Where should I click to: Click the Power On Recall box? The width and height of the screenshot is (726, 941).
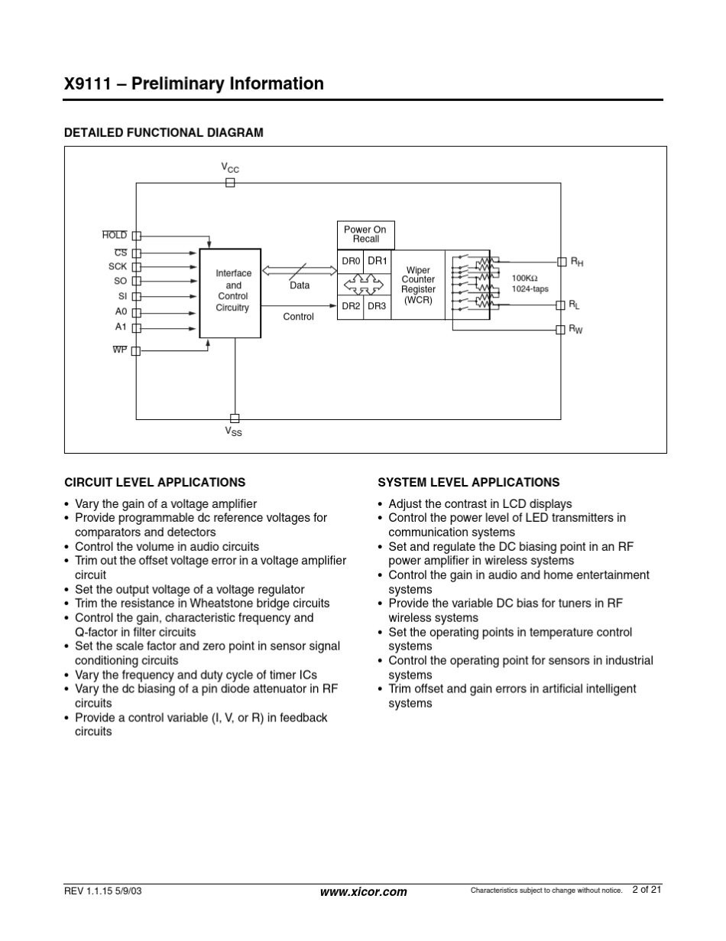pos(365,235)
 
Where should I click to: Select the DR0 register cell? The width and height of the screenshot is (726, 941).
pos(351,261)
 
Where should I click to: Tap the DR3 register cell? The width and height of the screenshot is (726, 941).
pos(377,306)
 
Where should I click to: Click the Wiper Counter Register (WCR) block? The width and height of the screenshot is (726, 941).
pos(418,285)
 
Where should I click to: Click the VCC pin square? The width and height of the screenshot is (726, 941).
pos(230,183)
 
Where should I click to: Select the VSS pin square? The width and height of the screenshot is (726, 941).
pos(235,418)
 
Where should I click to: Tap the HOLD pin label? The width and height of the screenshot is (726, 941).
pos(115,236)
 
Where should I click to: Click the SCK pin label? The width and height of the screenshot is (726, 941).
pos(118,266)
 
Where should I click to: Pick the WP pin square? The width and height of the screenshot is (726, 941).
pos(136,351)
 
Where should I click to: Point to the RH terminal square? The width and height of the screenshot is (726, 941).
pos(562,262)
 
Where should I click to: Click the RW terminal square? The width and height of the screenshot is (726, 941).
pos(562,329)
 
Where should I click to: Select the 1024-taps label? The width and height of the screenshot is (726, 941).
pos(530,289)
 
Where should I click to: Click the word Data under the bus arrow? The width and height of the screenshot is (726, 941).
pos(300,285)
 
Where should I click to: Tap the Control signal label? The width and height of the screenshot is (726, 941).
pos(298,317)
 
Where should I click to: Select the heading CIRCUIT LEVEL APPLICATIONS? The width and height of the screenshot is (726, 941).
pos(154,483)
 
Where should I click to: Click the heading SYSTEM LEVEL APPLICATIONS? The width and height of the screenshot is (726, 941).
pos(468,483)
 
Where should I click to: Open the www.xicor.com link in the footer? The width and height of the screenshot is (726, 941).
pos(364,892)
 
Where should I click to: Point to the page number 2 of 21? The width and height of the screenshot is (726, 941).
pos(647,890)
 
